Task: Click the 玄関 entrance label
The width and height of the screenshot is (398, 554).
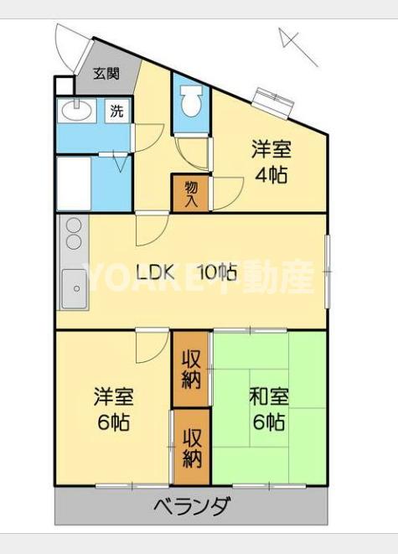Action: (106, 74)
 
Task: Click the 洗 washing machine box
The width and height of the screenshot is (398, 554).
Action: (118, 111)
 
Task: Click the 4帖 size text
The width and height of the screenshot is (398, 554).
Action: (271, 175)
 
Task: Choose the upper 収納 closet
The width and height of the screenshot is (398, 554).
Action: (192, 369)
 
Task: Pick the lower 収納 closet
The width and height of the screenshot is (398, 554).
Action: (192, 448)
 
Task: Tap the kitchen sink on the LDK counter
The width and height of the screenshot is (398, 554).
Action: (73, 290)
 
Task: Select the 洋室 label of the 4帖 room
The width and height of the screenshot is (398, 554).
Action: (271, 151)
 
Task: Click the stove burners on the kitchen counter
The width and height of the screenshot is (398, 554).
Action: (73, 234)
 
